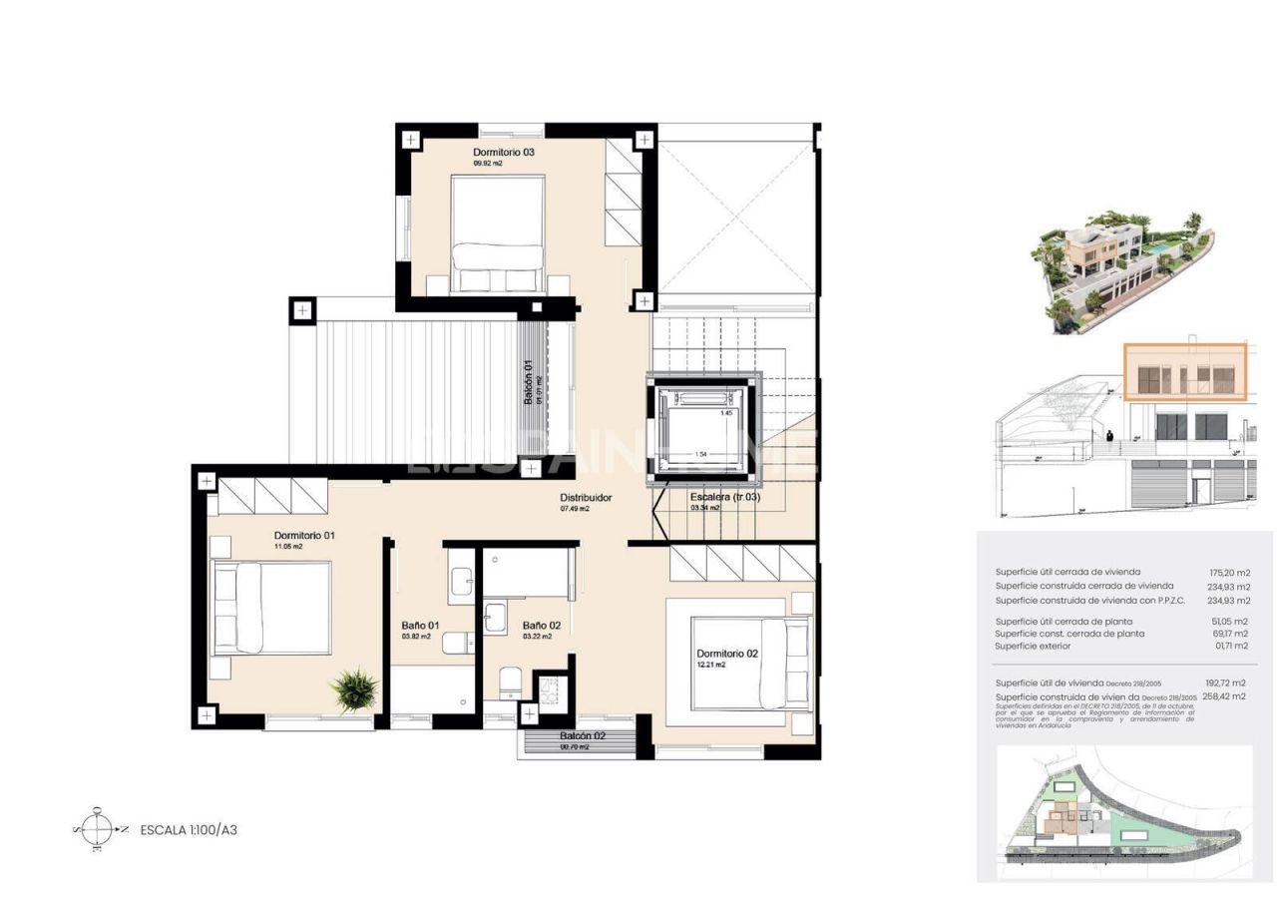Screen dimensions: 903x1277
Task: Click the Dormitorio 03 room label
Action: point(504,153)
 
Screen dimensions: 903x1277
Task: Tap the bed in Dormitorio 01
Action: point(270,608)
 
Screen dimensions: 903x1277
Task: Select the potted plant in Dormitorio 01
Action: point(355,689)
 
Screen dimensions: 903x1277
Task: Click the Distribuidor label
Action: point(586,497)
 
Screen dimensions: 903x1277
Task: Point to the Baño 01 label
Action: point(420,626)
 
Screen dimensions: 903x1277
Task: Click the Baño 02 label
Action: point(542,626)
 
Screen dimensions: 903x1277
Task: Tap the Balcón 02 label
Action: point(583,736)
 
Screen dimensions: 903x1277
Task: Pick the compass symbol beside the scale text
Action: point(97,828)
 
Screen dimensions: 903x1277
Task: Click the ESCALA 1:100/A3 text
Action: point(189,829)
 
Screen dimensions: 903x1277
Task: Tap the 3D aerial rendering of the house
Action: point(1121,268)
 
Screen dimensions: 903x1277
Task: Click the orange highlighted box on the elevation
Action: point(1185,372)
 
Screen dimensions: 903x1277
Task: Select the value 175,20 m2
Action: point(1229,573)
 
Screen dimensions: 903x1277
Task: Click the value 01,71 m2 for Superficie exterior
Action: point(1229,647)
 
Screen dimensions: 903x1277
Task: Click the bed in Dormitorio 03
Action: point(498,233)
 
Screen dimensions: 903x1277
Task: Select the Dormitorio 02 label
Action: point(728,655)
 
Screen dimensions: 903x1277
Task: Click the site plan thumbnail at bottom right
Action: point(1124,810)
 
